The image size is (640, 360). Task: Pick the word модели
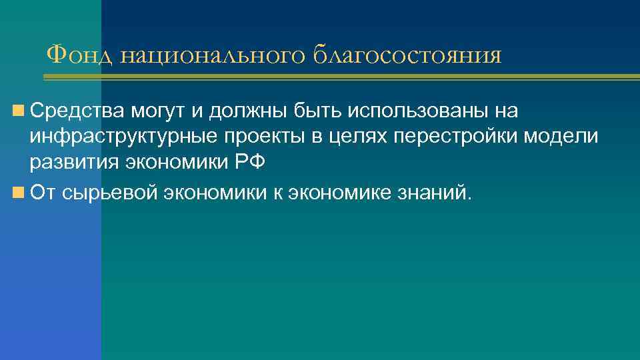pos(565,138)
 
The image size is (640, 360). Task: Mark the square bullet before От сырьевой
pos(17,192)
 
